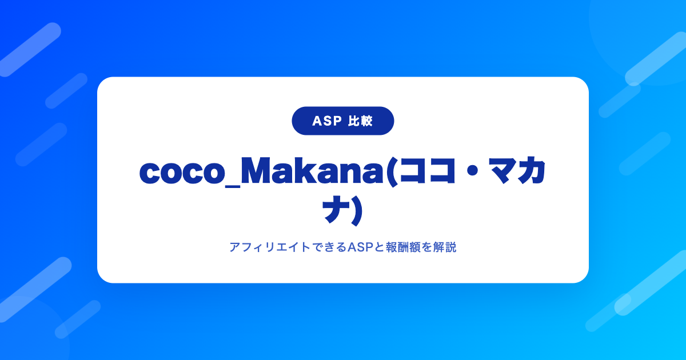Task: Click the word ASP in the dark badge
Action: coord(327,121)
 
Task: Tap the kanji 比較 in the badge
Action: coord(361,121)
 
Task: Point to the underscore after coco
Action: coord(233,187)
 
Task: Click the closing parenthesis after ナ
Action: coord(357,211)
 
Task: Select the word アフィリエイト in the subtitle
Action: coord(270,247)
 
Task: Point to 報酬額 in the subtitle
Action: coord(402,247)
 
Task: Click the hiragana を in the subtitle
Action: coord(426,247)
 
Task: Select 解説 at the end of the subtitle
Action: coord(445,247)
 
